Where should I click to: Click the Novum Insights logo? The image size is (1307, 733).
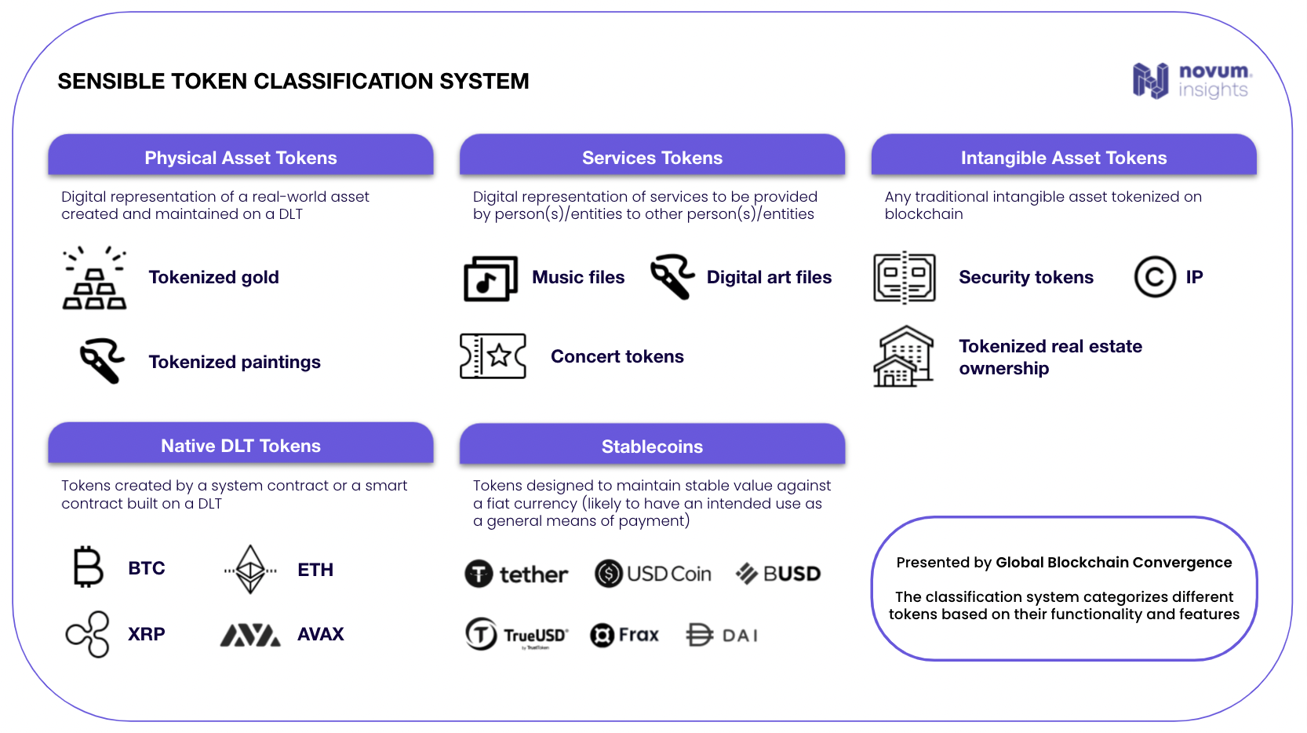click(1191, 81)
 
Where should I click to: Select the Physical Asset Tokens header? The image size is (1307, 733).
click(241, 157)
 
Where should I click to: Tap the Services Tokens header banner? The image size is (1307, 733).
click(652, 157)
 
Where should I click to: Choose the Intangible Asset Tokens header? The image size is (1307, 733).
click(1063, 157)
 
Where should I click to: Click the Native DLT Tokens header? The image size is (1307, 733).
click(241, 445)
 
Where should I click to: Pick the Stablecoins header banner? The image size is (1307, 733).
click(652, 446)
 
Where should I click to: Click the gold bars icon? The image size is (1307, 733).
click(94, 279)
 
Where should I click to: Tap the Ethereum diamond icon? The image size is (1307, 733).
click(250, 569)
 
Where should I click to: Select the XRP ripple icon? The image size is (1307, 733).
click(88, 634)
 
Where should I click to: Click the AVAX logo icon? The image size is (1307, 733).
click(250, 635)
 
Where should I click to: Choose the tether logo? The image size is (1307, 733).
click(516, 574)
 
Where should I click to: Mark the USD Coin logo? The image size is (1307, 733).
click(653, 574)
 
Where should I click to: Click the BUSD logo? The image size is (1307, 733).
click(777, 574)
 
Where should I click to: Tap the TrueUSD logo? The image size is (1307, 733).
click(516, 634)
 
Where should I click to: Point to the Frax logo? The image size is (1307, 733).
click(624, 634)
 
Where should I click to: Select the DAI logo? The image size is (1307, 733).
click(722, 635)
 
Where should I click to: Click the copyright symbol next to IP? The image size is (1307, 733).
click(1154, 277)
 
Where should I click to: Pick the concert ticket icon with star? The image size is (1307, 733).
click(493, 356)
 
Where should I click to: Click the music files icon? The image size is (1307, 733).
click(490, 279)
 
